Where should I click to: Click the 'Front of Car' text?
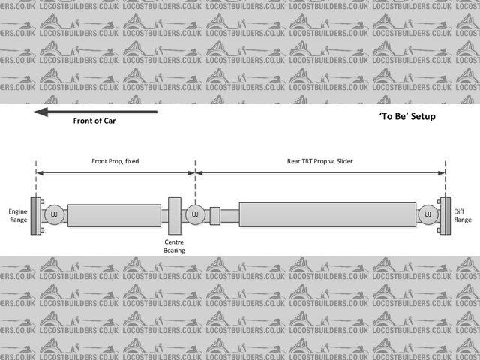[x=94, y=121]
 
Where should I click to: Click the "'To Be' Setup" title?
[x=407, y=117]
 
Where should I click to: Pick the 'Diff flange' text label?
[x=463, y=216]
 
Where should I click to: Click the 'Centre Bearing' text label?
[x=174, y=246]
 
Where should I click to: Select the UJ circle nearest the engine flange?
[x=53, y=216]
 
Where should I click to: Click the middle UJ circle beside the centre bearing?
[x=195, y=216]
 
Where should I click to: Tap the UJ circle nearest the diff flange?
[x=428, y=216]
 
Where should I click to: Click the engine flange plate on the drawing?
[x=34, y=216]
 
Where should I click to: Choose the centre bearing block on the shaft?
[x=174, y=216]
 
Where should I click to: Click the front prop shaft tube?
[x=113, y=216]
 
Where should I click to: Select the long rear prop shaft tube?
[x=326, y=216]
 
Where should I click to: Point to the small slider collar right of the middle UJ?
[x=214, y=216]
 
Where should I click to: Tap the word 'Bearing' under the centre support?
[x=174, y=250]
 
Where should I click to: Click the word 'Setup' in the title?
[x=422, y=117]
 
